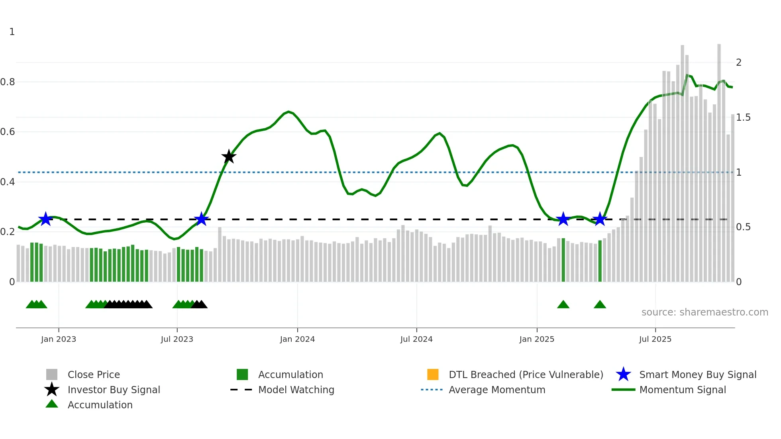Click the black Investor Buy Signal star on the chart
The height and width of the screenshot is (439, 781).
click(x=229, y=157)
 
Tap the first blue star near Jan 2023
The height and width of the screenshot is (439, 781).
click(x=45, y=219)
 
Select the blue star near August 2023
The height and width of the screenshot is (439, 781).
click(x=202, y=219)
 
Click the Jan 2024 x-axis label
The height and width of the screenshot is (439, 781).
click(x=297, y=339)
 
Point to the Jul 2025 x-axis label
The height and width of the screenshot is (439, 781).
click(x=655, y=339)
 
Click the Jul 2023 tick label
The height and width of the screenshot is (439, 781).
click(x=177, y=339)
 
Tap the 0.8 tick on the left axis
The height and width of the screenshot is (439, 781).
click(x=8, y=82)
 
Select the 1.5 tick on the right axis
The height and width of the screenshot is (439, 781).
click(x=743, y=118)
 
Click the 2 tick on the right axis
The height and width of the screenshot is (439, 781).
click(x=739, y=63)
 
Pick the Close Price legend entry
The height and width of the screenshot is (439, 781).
click(x=94, y=374)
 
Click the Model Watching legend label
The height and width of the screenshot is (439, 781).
click(x=296, y=390)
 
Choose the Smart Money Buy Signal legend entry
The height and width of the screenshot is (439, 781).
click(x=698, y=374)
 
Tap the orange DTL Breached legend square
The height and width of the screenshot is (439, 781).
click(x=433, y=374)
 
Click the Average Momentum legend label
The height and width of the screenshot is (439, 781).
click(x=497, y=390)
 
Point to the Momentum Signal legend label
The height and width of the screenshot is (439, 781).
click(x=683, y=390)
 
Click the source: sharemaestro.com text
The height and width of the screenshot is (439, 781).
click(x=704, y=312)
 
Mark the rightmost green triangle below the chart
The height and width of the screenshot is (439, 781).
click(x=600, y=305)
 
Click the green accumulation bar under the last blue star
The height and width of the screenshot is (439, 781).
click(x=600, y=261)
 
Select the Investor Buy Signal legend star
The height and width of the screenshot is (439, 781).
click(x=52, y=390)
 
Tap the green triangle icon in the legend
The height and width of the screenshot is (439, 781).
click(x=52, y=404)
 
